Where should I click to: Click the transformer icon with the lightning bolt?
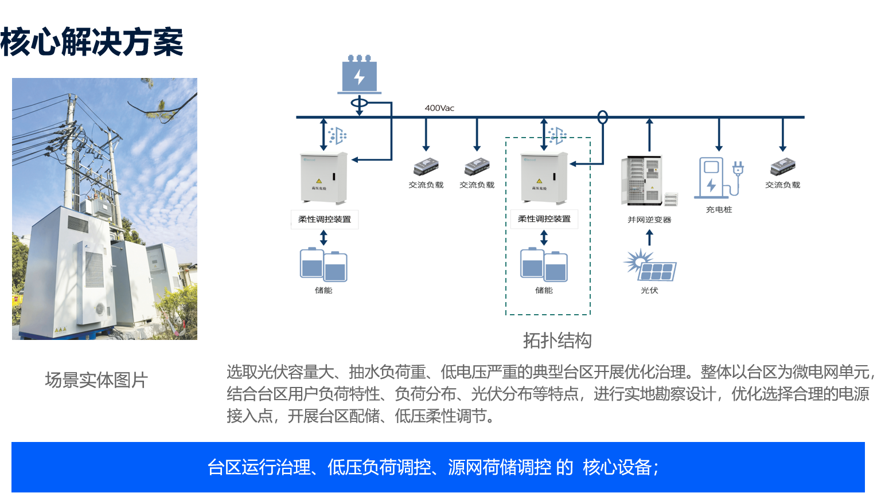359,75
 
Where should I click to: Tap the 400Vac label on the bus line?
439,108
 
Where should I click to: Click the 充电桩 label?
719,210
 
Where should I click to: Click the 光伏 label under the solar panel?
649,291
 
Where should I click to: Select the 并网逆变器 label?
649,220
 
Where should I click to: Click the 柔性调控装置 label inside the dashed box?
544,219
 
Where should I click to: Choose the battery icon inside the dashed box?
544,265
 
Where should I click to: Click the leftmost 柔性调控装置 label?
325,219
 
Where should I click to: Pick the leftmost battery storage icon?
323,265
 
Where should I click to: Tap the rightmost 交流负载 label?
782,185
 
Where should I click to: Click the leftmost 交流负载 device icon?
426,167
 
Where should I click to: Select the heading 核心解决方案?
92,42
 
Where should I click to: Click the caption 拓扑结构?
557,341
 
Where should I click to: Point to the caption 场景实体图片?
96,380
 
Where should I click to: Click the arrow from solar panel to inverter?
649,237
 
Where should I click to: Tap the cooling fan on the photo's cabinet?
100,308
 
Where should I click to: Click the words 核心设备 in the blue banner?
617,467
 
